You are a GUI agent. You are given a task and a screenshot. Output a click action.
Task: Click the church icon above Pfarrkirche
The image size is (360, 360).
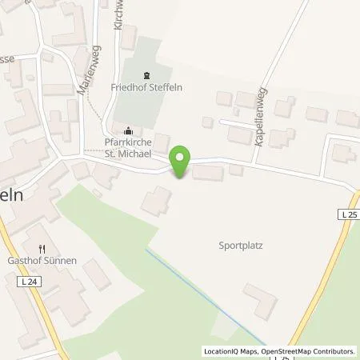(127, 131)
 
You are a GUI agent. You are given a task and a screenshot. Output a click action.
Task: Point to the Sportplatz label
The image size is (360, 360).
(241, 246)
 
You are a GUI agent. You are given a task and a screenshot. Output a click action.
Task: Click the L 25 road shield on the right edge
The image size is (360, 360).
(347, 216)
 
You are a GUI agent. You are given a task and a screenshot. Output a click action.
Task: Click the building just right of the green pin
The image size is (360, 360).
(207, 172)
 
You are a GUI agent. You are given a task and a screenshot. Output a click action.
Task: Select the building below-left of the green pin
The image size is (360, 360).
(157, 200)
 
